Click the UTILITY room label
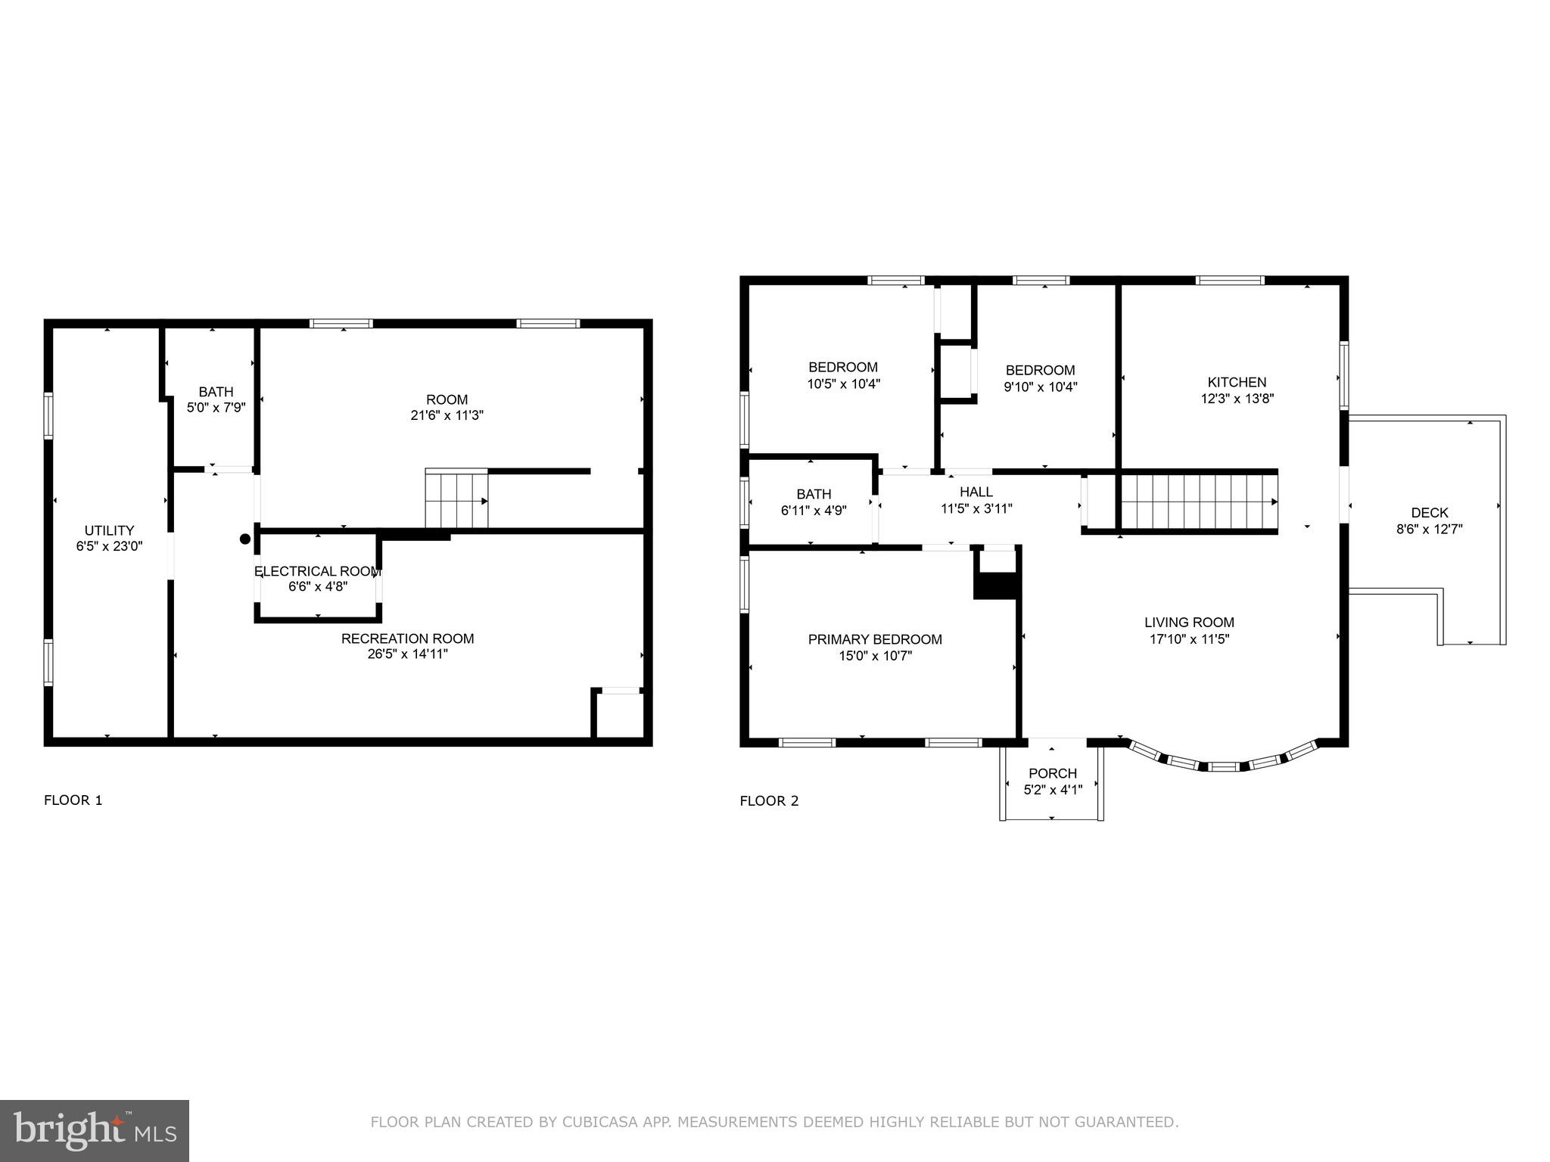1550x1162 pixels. (109, 530)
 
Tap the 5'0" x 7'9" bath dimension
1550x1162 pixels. (216, 408)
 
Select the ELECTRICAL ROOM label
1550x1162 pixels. (316, 571)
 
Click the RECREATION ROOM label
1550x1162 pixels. (407, 638)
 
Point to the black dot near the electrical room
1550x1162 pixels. (245, 539)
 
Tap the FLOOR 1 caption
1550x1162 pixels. (73, 800)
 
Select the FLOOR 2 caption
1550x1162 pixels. (769, 801)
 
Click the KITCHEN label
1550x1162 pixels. (1237, 382)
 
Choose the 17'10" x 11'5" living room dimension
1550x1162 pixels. (1189, 639)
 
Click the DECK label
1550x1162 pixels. (1429, 513)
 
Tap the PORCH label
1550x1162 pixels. (1052, 773)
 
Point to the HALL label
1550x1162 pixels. (976, 492)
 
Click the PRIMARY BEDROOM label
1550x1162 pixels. (875, 639)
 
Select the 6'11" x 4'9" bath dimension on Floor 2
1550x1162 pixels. (814, 511)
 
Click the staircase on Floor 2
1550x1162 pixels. (1197, 501)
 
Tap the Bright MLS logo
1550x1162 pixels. (95, 1130)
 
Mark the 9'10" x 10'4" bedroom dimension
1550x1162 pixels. (1040, 387)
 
